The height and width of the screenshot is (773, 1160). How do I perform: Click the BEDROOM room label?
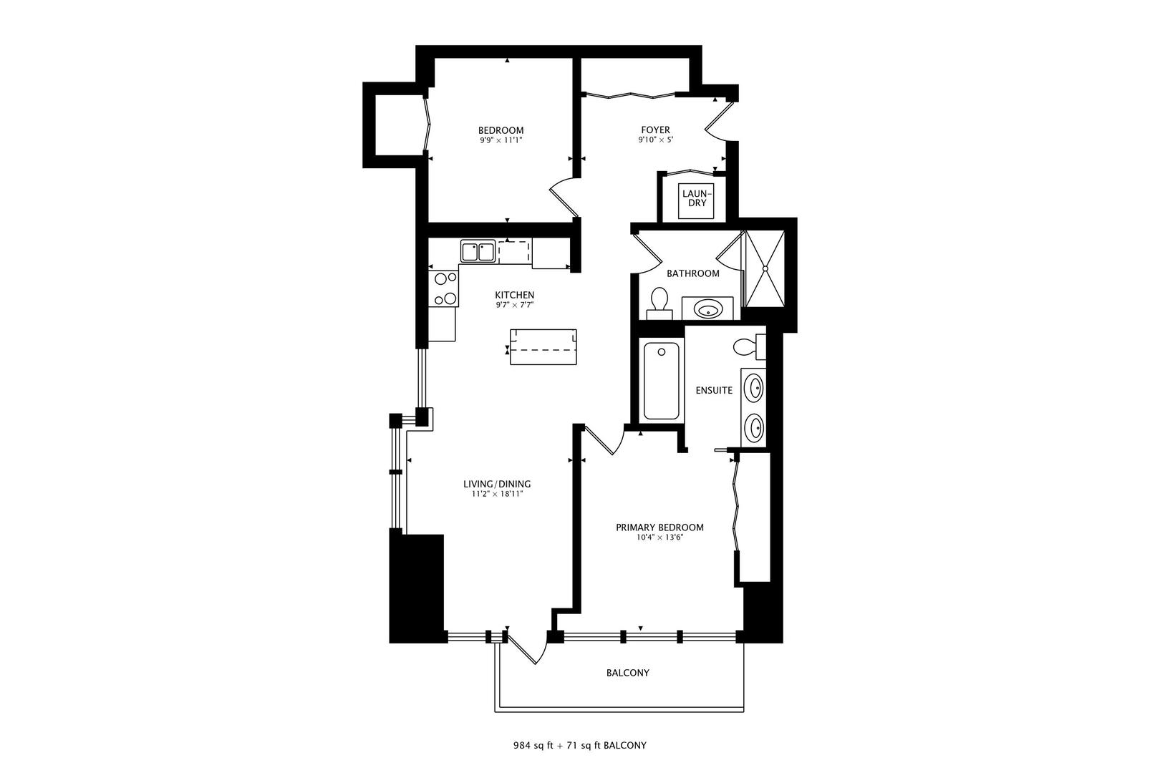point(501,130)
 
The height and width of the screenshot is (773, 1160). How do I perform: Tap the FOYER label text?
point(654,130)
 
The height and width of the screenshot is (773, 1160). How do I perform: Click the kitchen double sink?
point(478,252)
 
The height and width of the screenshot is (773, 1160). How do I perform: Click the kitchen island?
point(543,346)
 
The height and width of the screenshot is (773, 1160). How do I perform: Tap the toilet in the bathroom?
point(659,302)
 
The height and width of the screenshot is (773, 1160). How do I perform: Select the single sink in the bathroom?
point(707,309)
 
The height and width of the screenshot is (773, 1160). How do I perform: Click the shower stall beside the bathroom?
point(765,268)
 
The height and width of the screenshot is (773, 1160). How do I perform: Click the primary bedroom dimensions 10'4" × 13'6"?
point(659,538)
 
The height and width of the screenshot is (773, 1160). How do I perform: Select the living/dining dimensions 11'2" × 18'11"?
point(496,495)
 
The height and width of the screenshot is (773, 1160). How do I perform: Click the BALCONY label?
point(627,673)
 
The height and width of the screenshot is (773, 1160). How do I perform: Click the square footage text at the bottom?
point(579,746)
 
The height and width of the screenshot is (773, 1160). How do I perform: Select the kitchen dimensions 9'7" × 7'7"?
point(514,305)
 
